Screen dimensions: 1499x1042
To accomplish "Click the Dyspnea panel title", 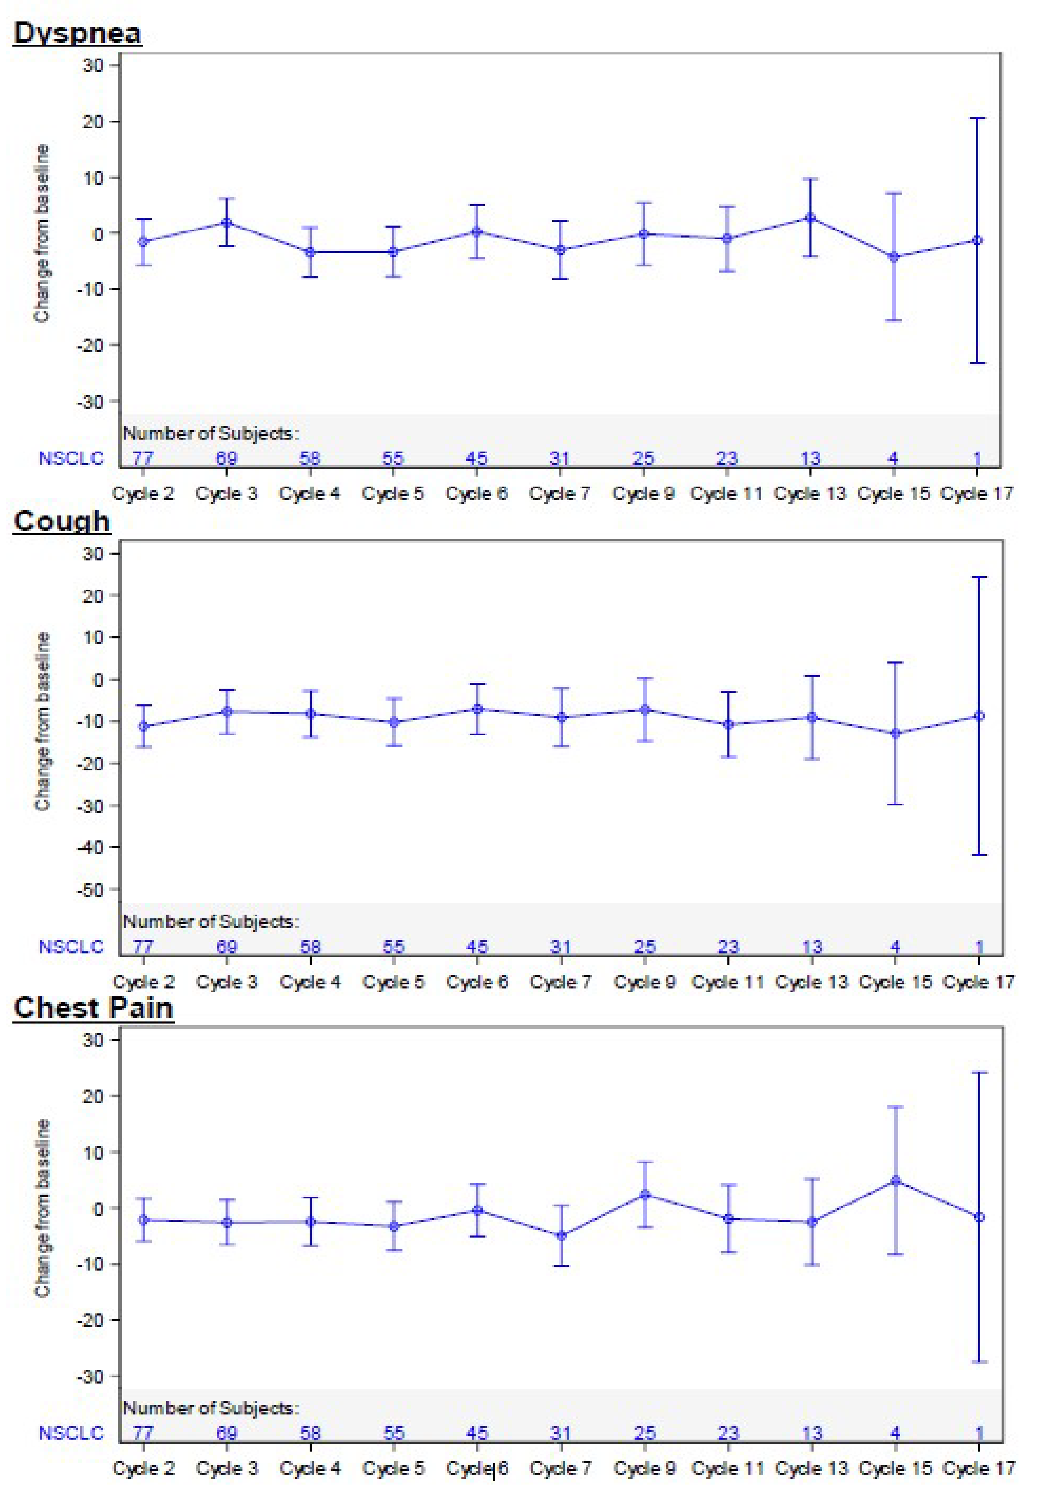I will click(x=77, y=32).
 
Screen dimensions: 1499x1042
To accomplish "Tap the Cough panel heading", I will click(x=62, y=521).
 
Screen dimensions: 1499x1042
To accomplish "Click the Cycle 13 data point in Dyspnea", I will click(x=810, y=218).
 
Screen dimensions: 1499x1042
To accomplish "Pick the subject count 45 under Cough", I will click(x=477, y=947).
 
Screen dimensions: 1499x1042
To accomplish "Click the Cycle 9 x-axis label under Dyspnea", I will click(x=643, y=494).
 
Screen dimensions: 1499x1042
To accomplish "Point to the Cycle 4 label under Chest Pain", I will click(x=310, y=1468).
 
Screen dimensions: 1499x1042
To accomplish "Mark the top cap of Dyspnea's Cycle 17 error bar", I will click(x=977, y=118).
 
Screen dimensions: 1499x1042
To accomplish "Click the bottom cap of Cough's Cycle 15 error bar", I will click(x=896, y=804).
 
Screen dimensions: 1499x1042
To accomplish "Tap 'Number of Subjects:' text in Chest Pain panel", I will click(x=211, y=1408).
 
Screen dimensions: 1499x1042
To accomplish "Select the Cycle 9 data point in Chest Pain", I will click(x=645, y=1195).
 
